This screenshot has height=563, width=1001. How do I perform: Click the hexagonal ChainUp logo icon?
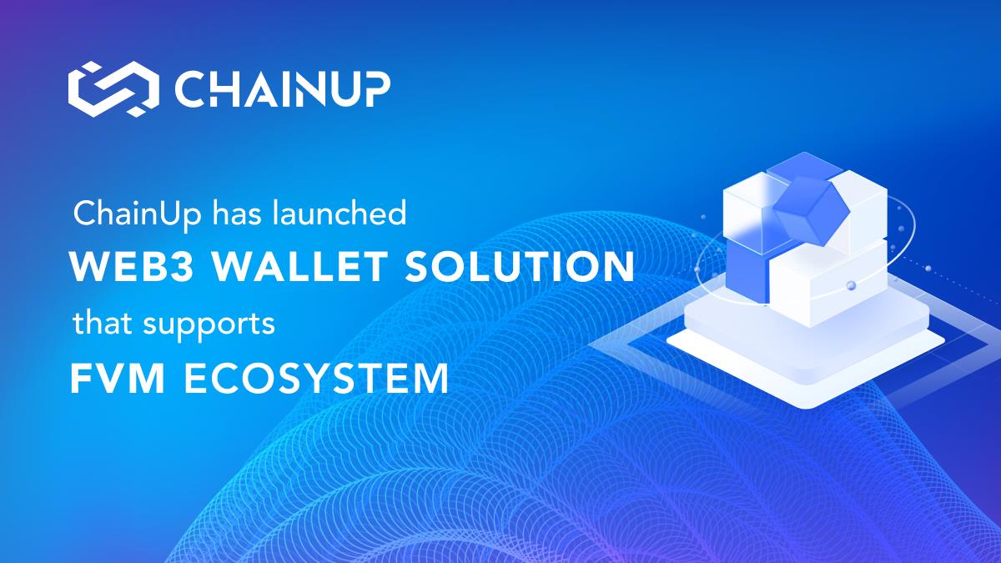113,89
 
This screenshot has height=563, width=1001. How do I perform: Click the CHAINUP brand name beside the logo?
283,89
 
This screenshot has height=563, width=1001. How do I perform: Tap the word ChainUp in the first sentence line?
137,214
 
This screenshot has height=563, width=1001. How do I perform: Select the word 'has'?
236,213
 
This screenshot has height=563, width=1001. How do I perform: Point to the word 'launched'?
340,213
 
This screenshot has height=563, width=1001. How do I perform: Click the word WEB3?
132,266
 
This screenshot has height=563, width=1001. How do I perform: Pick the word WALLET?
299,266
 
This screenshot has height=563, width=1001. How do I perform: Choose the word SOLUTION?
519,266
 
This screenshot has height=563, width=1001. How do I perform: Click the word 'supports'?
209,325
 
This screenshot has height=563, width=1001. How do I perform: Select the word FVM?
118,378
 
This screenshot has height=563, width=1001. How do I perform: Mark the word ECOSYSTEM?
316,378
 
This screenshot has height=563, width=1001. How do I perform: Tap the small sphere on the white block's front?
850,285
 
